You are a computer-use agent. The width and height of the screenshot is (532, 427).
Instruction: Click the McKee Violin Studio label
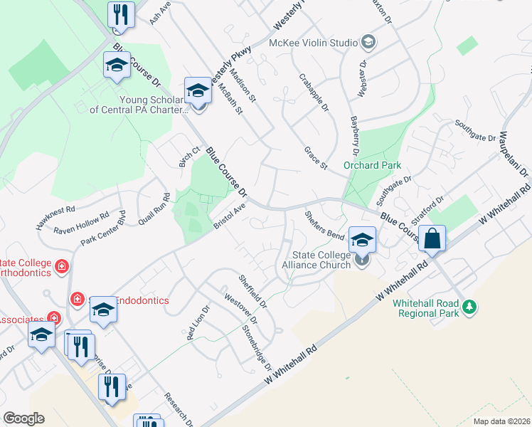pyautogui.click(x=313, y=43)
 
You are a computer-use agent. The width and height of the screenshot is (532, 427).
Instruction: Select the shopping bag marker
pyautogui.click(x=432, y=240)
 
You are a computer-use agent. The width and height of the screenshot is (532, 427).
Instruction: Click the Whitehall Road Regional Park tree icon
pyautogui.click(x=469, y=307)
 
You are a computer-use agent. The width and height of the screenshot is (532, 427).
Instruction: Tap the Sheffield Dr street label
pyautogui.click(x=252, y=292)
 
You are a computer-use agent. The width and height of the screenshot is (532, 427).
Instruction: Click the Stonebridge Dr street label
pyautogui.click(x=257, y=347)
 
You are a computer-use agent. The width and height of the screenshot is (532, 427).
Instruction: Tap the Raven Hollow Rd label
pyautogui.click(x=81, y=223)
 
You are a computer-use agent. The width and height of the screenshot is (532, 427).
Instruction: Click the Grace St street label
pyautogui.click(x=315, y=159)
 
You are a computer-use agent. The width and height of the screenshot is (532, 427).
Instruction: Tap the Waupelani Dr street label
pyautogui.click(x=514, y=154)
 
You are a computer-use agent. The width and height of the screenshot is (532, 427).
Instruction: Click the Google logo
pyautogui.click(x=23, y=418)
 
